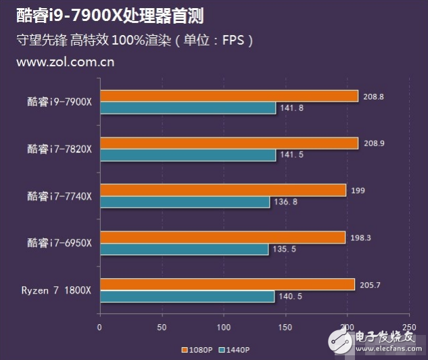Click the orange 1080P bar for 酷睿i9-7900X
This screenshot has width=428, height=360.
tap(229, 96)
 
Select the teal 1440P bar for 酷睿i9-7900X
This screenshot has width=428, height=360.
tap(188, 108)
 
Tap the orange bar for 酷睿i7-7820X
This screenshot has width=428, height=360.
tap(229, 143)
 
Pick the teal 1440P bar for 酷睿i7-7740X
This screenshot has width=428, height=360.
tap(185, 202)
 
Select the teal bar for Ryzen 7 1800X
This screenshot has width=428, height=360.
tap(187, 296)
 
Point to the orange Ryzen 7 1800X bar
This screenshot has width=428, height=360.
tap(227, 284)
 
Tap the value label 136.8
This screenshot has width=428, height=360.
tap(284, 202)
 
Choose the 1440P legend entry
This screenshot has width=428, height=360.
tap(235, 350)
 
